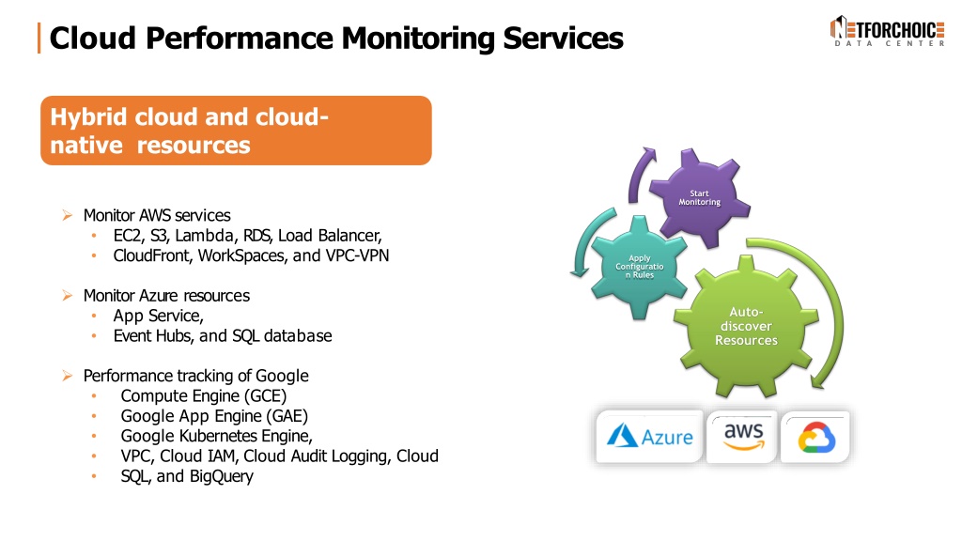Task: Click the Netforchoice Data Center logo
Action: tap(887, 31)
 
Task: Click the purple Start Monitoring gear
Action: tap(699, 197)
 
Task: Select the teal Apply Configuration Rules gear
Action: tap(639, 267)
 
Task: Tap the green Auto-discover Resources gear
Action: tap(746, 326)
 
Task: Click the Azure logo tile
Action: tap(649, 436)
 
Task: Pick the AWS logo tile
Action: tap(743, 436)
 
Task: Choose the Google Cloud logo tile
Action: tap(816, 437)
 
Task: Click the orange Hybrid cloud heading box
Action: tap(236, 130)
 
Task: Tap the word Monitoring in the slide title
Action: tap(419, 38)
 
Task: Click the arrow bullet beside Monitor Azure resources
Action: tap(67, 296)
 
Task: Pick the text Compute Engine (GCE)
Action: tap(204, 396)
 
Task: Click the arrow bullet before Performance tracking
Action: tap(67, 376)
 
